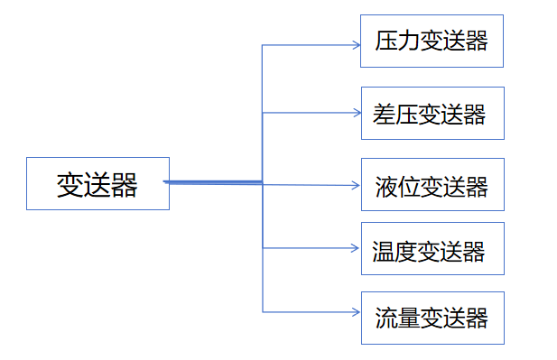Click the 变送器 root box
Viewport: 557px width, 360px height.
pyautogui.click(x=97, y=184)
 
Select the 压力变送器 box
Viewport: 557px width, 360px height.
pyautogui.click(x=432, y=41)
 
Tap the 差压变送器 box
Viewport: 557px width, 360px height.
pyautogui.click(x=432, y=113)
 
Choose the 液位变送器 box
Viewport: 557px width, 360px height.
pyautogui.click(x=432, y=185)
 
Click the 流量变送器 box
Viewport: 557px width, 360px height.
pyautogui.click(x=432, y=318)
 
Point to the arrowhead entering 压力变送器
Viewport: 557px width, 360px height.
pyautogui.click(x=356, y=43)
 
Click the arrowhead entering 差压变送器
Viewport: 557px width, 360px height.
pyautogui.click(x=356, y=113)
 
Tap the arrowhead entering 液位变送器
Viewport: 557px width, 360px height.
pyautogui.click(x=356, y=185)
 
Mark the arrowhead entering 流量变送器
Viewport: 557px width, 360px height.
pyautogui.click(x=356, y=312)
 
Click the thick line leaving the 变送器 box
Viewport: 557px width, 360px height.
pyautogui.click(x=213, y=182)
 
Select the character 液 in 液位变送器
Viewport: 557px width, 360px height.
pyautogui.click(x=386, y=187)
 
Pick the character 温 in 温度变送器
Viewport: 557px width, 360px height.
pyautogui.click(x=384, y=251)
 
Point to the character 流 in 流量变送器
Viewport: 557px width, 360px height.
pyautogui.click(x=386, y=318)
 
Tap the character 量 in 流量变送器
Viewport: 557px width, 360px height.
pyautogui.click(x=409, y=318)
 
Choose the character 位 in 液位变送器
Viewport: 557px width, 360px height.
pyautogui.click(x=409, y=187)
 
